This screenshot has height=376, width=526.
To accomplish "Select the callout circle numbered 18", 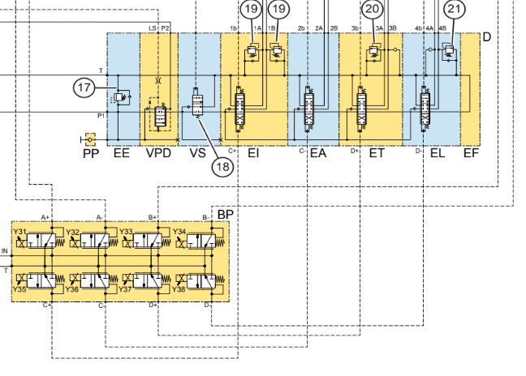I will click(x=222, y=166).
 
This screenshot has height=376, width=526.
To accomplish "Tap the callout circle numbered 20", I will click(x=373, y=9).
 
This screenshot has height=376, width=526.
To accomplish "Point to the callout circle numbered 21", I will click(x=455, y=9).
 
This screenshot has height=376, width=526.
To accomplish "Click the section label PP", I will click(x=90, y=153).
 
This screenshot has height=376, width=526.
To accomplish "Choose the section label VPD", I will click(x=159, y=153).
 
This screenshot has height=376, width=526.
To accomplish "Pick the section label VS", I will click(x=197, y=153).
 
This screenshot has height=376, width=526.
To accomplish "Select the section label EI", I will click(x=253, y=153).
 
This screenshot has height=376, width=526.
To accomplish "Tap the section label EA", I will click(x=317, y=153).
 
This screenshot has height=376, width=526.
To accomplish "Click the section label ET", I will click(x=377, y=153).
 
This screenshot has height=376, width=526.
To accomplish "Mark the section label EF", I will click(x=471, y=153).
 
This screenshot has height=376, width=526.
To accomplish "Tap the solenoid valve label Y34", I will click(x=180, y=233).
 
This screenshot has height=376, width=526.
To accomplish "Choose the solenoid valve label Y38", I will click(x=180, y=289).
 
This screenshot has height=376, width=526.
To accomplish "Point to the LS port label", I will click(x=152, y=28).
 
